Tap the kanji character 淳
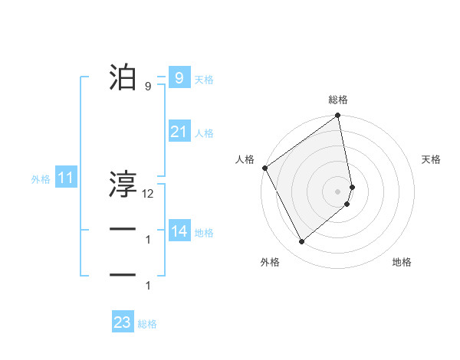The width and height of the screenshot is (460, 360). (123, 184)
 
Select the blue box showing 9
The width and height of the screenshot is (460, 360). (179, 78)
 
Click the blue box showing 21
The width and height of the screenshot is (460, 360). (179, 132)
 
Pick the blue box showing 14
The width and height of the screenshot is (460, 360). (179, 231)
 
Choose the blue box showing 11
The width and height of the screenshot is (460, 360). (65, 178)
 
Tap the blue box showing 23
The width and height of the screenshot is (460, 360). (123, 322)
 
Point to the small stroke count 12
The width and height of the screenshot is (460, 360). (148, 194)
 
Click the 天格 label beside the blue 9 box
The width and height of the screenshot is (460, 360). (204, 80)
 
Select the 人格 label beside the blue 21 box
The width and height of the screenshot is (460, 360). (204, 133)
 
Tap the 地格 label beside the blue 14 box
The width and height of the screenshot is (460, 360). (204, 233)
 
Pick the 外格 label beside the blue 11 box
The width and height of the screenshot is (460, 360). (41, 180)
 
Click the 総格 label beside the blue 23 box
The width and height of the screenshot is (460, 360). (147, 324)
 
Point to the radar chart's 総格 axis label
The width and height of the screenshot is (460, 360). (338, 100)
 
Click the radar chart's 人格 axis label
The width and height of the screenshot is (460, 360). (245, 159)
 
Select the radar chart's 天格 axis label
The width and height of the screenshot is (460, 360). (431, 159)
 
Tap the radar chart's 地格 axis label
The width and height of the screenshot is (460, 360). (402, 262)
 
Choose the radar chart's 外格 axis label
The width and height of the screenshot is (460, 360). (270, 262)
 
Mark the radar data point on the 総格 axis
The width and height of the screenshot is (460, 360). (338, 117)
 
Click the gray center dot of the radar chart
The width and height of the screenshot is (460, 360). (338, 191)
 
